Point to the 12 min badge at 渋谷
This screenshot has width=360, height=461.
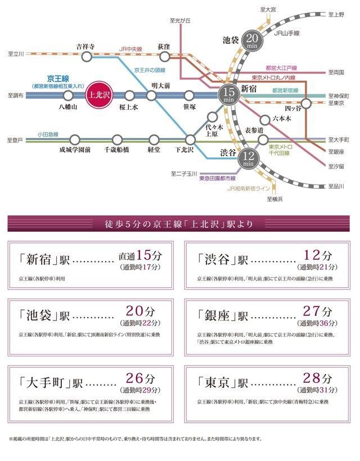247,158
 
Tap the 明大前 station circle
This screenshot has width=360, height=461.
151,96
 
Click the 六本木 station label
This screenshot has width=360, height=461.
281,118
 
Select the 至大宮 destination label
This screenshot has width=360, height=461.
269,9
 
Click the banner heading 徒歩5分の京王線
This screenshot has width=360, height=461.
179,224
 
